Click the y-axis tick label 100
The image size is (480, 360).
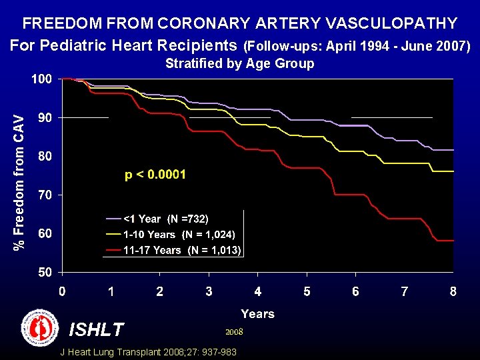click(x=41, y=79)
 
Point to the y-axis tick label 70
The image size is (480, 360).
click(x=44, y=195)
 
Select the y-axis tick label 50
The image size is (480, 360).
click(x=44, y=273)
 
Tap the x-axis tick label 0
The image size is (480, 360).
click(x=61, y=292)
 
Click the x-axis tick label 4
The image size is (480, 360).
click(x=257, y=292)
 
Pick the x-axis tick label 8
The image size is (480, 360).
click(x=453, y=292)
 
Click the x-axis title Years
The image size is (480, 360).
click(x=257, y=313)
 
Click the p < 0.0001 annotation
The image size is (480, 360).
click(x=155, y=175)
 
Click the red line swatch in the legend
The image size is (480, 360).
click(x=113, y=251)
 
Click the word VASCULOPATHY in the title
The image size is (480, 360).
click(x=391, y=23)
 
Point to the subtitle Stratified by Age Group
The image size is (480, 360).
click(x=239, y=64)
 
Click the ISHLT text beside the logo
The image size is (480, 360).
click(x=97, y=329)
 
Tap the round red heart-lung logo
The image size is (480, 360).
click(x=40, y=327)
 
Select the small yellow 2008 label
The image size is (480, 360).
click(x=234, y=331)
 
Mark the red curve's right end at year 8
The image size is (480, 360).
click(x=453, y=240)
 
